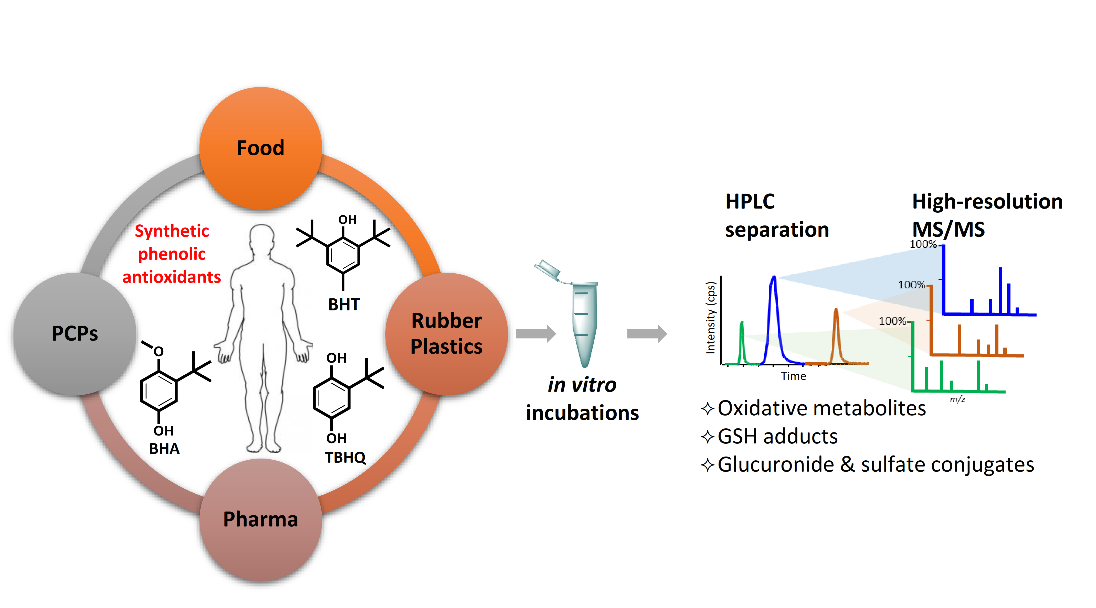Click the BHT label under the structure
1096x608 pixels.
(x=344, y=305)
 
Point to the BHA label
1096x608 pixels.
(x=164, y=449)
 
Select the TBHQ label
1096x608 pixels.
(x=345, y=457)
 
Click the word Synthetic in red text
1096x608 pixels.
(x=172, y=231)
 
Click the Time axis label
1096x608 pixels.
(x=793, y=376)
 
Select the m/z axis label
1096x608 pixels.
(x=957, y=399)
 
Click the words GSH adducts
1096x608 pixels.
(x=777, y=437)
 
